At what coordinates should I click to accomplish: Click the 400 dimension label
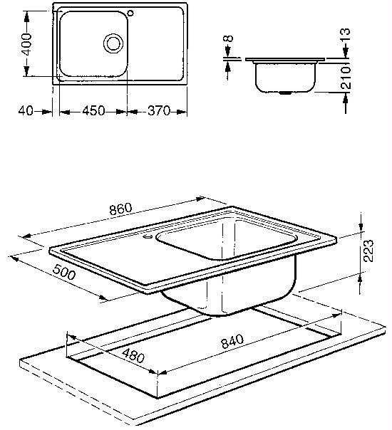[x=26, y=44]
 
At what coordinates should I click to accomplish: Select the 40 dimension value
[x=26, y=111]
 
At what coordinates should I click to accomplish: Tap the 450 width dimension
[x=93, y=111]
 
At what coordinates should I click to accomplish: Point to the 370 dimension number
[x=159, y=111]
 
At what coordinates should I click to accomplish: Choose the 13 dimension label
[x=346, y=35]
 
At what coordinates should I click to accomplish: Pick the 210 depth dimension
[x=346, y=78]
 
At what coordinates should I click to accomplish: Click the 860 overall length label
[x=120, y=209]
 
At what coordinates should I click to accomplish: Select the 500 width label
[x=63, y=272]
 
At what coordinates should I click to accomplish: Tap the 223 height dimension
[x=368, y=251]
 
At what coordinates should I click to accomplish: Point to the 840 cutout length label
[x=232, y=341]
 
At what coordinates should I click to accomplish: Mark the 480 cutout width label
[x=133, y=356]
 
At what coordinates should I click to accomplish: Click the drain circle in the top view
[x=113, y=43]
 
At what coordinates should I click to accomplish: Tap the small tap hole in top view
[x=130, y=13]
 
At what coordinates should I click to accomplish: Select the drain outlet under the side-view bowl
[x=286, y=93]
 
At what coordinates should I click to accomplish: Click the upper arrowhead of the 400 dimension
[x=26, y=17]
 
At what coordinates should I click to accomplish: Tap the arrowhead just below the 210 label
[x=346, y=98]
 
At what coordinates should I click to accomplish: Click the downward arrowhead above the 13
[x=346, y=52]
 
